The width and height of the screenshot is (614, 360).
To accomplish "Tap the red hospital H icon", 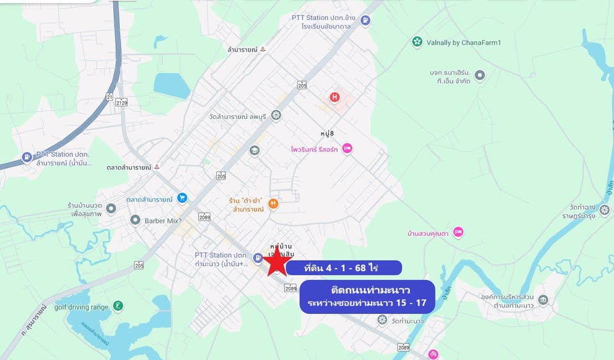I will tap(334, 97).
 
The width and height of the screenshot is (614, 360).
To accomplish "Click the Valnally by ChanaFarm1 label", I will tap(464, 42).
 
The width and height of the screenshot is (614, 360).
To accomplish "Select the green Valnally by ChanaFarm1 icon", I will tap(417, 42).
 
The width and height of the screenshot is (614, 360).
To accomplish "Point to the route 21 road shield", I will tap(109, 97).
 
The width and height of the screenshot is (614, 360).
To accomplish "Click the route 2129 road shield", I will tap(122, 102).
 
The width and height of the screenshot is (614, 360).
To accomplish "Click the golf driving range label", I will tap(81, 307).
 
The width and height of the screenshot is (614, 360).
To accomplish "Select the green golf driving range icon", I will tap(118, 306).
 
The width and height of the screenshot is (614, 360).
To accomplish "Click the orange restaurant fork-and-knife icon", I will tap(273, 204).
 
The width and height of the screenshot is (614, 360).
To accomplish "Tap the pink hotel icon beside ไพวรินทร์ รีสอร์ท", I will tap(347, 148).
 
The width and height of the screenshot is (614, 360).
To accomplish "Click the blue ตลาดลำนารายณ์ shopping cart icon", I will tap(182, 199).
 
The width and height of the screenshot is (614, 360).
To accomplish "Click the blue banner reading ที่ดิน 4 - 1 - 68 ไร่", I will tap(343, 267).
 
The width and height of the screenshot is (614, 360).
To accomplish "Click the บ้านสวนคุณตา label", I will tap(428, 233).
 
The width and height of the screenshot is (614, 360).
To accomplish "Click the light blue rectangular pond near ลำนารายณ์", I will tap(171, 85).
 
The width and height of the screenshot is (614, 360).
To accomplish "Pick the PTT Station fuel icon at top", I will tap(365, 20).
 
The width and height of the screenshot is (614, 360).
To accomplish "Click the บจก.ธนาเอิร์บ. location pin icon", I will tap(480, 76).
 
